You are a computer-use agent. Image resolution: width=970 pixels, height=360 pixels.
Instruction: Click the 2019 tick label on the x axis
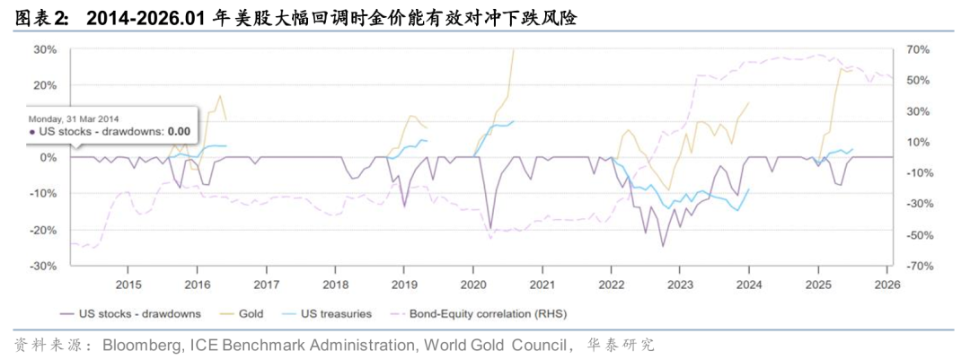[403, 285]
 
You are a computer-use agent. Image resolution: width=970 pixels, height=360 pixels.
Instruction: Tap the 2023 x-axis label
[680, 285]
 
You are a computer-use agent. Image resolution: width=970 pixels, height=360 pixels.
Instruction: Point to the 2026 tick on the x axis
[886, 285]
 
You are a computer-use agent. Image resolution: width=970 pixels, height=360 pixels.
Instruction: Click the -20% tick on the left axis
[44, 230]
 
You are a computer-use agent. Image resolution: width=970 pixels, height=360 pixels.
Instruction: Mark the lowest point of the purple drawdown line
[663, 246]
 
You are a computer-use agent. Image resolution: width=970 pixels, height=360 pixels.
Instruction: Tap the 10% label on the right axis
[916, 142]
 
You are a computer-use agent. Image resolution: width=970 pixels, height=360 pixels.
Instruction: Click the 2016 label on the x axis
[197, 285]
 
